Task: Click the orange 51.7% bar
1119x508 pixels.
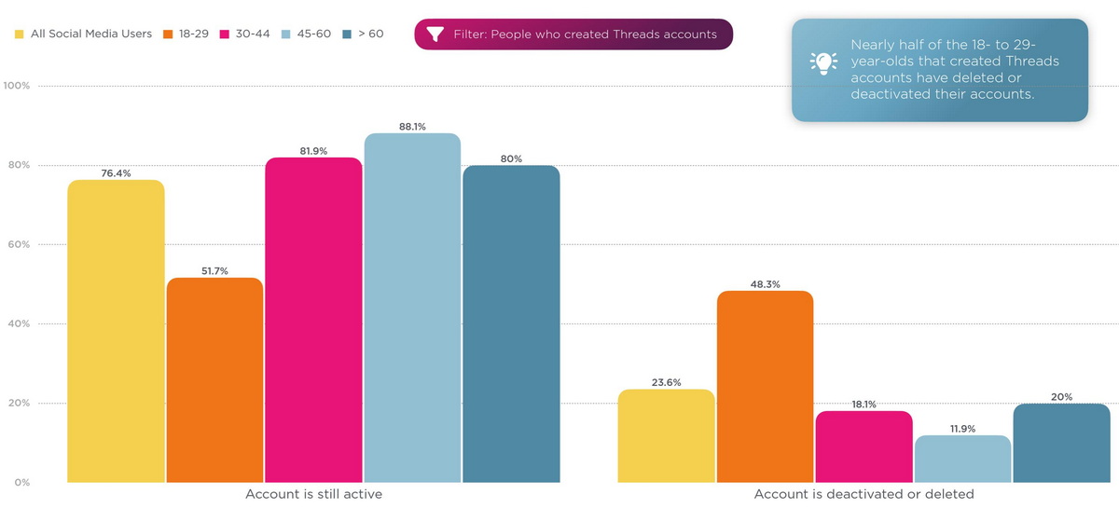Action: pyautogui.click(x=214, y=380)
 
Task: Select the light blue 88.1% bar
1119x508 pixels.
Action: pyautogui.click(x=412, y=308)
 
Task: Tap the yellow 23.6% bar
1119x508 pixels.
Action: pyautogui.click(x=666, y=436)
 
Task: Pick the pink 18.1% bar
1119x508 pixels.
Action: pyautogui.click(x=863, y=446)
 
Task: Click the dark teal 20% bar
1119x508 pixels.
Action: pyautogui.click(x=1061, y=443)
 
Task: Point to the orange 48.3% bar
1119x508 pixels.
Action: pyautogui.click(x=765, y=387)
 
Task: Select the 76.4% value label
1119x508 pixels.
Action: pyautogui.click(x=116, y=172)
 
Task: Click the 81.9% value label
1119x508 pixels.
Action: pyautogui.click(x=313, y=151)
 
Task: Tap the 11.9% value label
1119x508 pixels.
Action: pyautogui.click(x=962, y=429)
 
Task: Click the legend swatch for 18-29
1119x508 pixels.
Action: pyautogui.click(x=168, y=34)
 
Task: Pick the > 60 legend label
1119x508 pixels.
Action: pyautogui.click(x=370, y=34)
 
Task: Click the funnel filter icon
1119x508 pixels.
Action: pyautogui.click(x=435, y=34)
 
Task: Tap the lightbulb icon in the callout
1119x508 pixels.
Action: pyautogui.click(x=822, y=62)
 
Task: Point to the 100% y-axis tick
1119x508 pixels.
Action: pyautogui.click(x=18, y=86)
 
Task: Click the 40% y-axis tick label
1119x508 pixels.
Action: pyautogui.click(x=18, y=324)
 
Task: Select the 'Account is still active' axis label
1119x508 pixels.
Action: pyautogui.click(x=313, y=494)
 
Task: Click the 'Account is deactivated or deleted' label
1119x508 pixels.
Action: pyautogui.click(x=863, y=494)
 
